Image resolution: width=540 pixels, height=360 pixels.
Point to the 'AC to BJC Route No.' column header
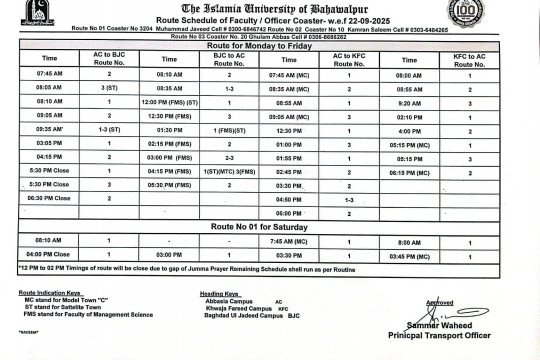(x=108, y=59)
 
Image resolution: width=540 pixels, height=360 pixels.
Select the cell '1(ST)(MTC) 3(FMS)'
(x=229, y=171)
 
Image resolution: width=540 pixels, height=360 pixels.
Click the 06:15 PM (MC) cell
(x=408, y=172)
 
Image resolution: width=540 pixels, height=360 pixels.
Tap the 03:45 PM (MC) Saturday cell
(x=408, y=255)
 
